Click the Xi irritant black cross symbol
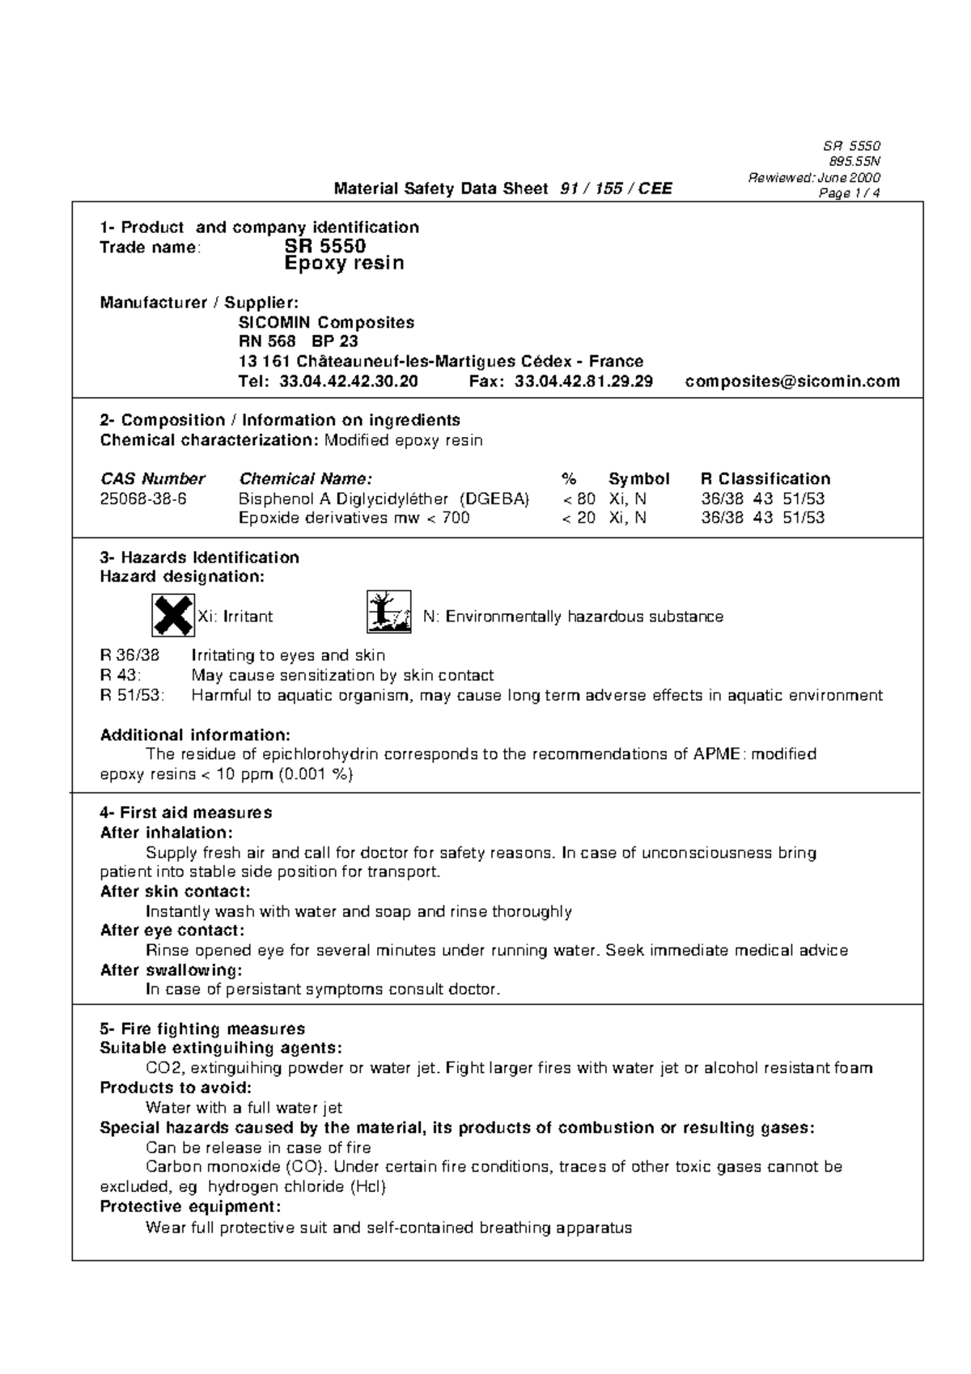(173, 616)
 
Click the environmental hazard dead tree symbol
(388, 612)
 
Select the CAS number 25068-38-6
(143, 498)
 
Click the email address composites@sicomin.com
(792, 381)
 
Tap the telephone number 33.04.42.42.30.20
(349, 381)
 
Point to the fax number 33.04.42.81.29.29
(583, 381)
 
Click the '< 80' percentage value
(579, 498)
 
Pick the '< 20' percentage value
(579, 518)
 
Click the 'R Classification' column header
(765, 478)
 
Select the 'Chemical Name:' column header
(306, 478)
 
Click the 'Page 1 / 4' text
(849, 193)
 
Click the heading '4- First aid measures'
(186, 812)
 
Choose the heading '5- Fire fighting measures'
(202, 1029)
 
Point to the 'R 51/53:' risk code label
(132, 695)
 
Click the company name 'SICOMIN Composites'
(326, 322)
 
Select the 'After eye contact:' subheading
(172, 931)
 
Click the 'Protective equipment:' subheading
(191, 1206)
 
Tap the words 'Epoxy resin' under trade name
(345, 264)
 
